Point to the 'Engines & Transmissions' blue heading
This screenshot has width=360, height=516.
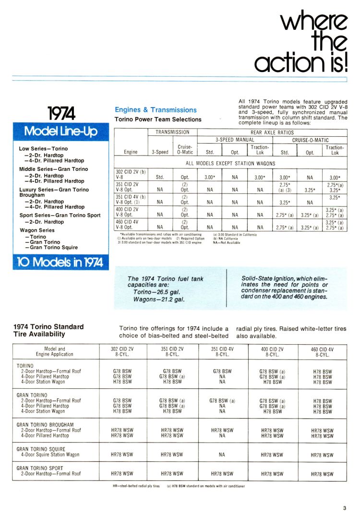coord(156,110)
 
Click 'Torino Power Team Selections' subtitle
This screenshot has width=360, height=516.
coord(158,119)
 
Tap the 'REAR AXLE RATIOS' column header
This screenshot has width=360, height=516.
coord(272,132)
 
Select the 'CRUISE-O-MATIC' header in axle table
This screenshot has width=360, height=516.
coord(310,140)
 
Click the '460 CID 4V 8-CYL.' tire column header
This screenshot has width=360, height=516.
coord(323,352)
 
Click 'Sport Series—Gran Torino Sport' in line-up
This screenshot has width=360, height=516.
coord(60,215)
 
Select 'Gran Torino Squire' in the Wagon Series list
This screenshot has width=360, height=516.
coord(54,248)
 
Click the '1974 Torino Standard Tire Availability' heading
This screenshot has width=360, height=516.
coord(48,330)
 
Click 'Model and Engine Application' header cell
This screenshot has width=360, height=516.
coord(55,351)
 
